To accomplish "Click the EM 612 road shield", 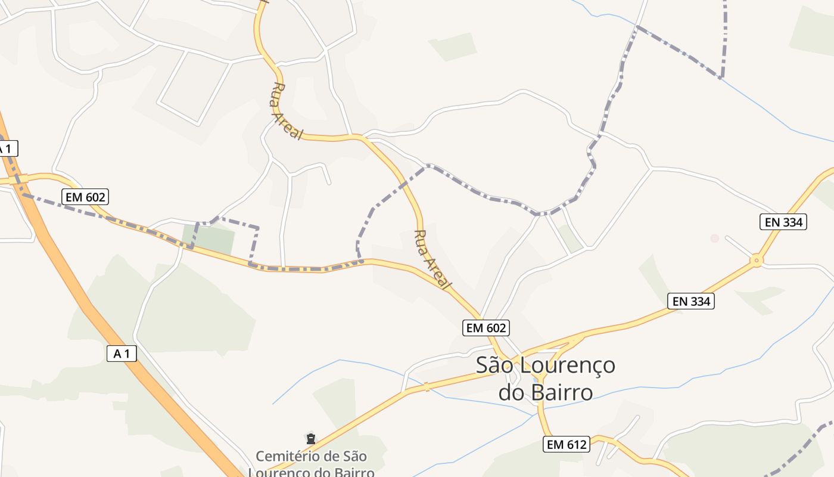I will (567, 444).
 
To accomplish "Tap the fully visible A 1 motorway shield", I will (122, 354).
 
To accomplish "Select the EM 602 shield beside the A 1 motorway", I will (85, 196).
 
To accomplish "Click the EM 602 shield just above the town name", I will (486, 327).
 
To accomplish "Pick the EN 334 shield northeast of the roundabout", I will (784, 222).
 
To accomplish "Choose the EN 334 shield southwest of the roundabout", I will (691, 301).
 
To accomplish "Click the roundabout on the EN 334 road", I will (757, 260).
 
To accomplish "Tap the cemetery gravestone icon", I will (310, 439).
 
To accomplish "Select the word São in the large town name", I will (496, 366).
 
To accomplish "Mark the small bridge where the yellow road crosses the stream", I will (427, 388).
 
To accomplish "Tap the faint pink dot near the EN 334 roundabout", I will (714, 238).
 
